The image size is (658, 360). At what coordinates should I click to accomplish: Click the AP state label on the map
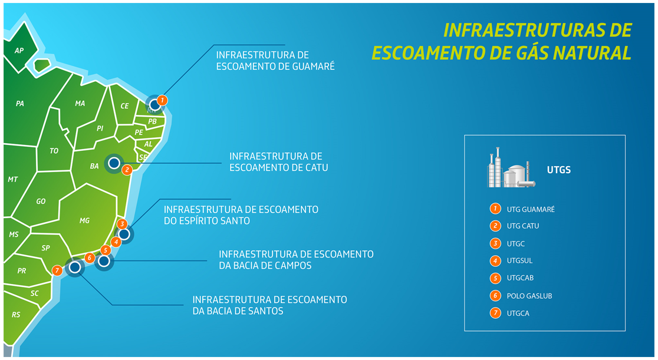19,51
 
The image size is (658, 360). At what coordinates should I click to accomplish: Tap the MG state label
84,221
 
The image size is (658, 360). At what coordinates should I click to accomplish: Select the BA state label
94,166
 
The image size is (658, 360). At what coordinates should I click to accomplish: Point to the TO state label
54,151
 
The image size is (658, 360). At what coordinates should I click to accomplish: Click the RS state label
16,315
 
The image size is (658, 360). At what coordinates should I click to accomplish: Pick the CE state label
124,106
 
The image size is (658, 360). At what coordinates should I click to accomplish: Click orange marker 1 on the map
163,100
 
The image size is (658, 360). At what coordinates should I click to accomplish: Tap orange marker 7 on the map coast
57,270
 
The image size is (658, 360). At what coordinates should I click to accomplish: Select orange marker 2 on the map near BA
126,170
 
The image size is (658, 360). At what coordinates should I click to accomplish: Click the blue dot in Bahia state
114,163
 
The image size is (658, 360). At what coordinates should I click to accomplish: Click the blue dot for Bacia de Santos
75,267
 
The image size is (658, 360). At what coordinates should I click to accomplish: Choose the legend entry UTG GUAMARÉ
531,209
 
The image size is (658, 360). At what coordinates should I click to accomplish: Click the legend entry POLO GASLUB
529,296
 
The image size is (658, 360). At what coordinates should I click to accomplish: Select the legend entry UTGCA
518,313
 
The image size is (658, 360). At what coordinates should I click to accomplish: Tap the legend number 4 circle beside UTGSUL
495,260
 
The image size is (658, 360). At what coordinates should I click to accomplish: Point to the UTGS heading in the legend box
558,170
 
